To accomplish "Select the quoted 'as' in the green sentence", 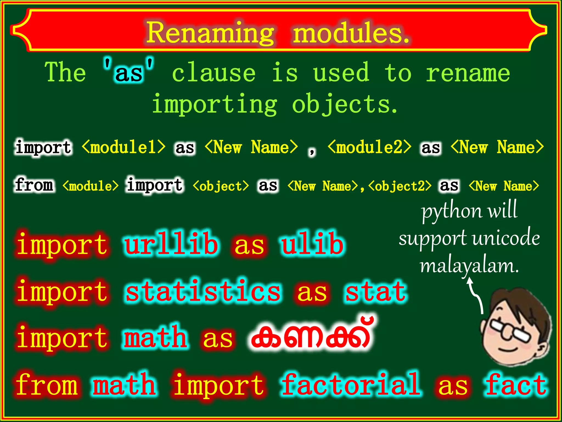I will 129,72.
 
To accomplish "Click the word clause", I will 214,73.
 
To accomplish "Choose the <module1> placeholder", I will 124,147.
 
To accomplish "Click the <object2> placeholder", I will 400,186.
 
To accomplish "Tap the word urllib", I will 172,244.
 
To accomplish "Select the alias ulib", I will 312,244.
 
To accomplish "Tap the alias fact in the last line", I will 516,385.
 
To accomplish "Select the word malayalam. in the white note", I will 469,266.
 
